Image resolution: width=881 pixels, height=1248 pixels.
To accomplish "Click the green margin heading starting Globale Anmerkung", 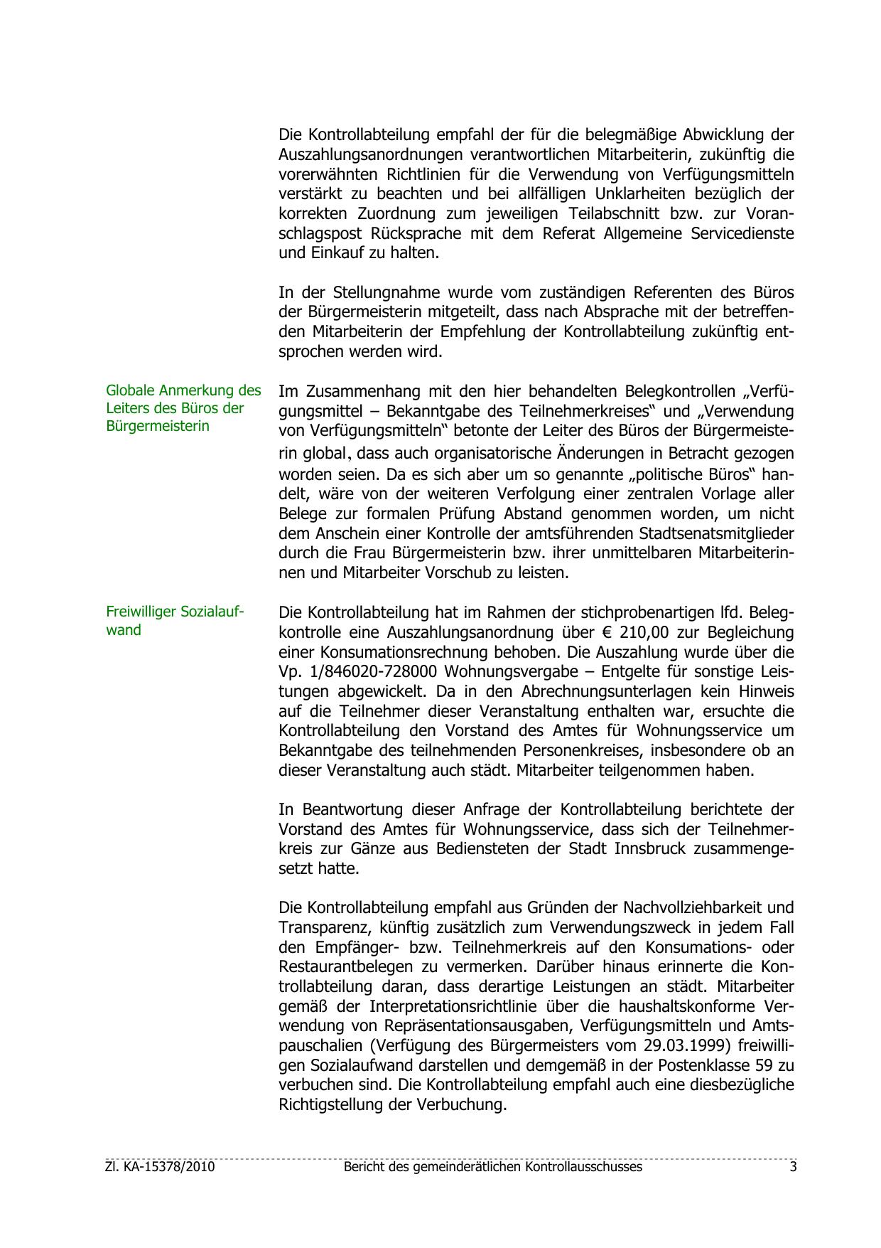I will [183, 408].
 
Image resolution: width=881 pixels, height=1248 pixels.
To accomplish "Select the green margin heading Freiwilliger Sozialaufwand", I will [175, 621].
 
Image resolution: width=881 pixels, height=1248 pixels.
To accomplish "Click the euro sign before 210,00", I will [606, 632].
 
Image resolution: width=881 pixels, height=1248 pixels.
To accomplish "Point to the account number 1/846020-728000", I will [372, 672].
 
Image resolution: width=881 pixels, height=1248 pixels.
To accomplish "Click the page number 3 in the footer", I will [792, 1167].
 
